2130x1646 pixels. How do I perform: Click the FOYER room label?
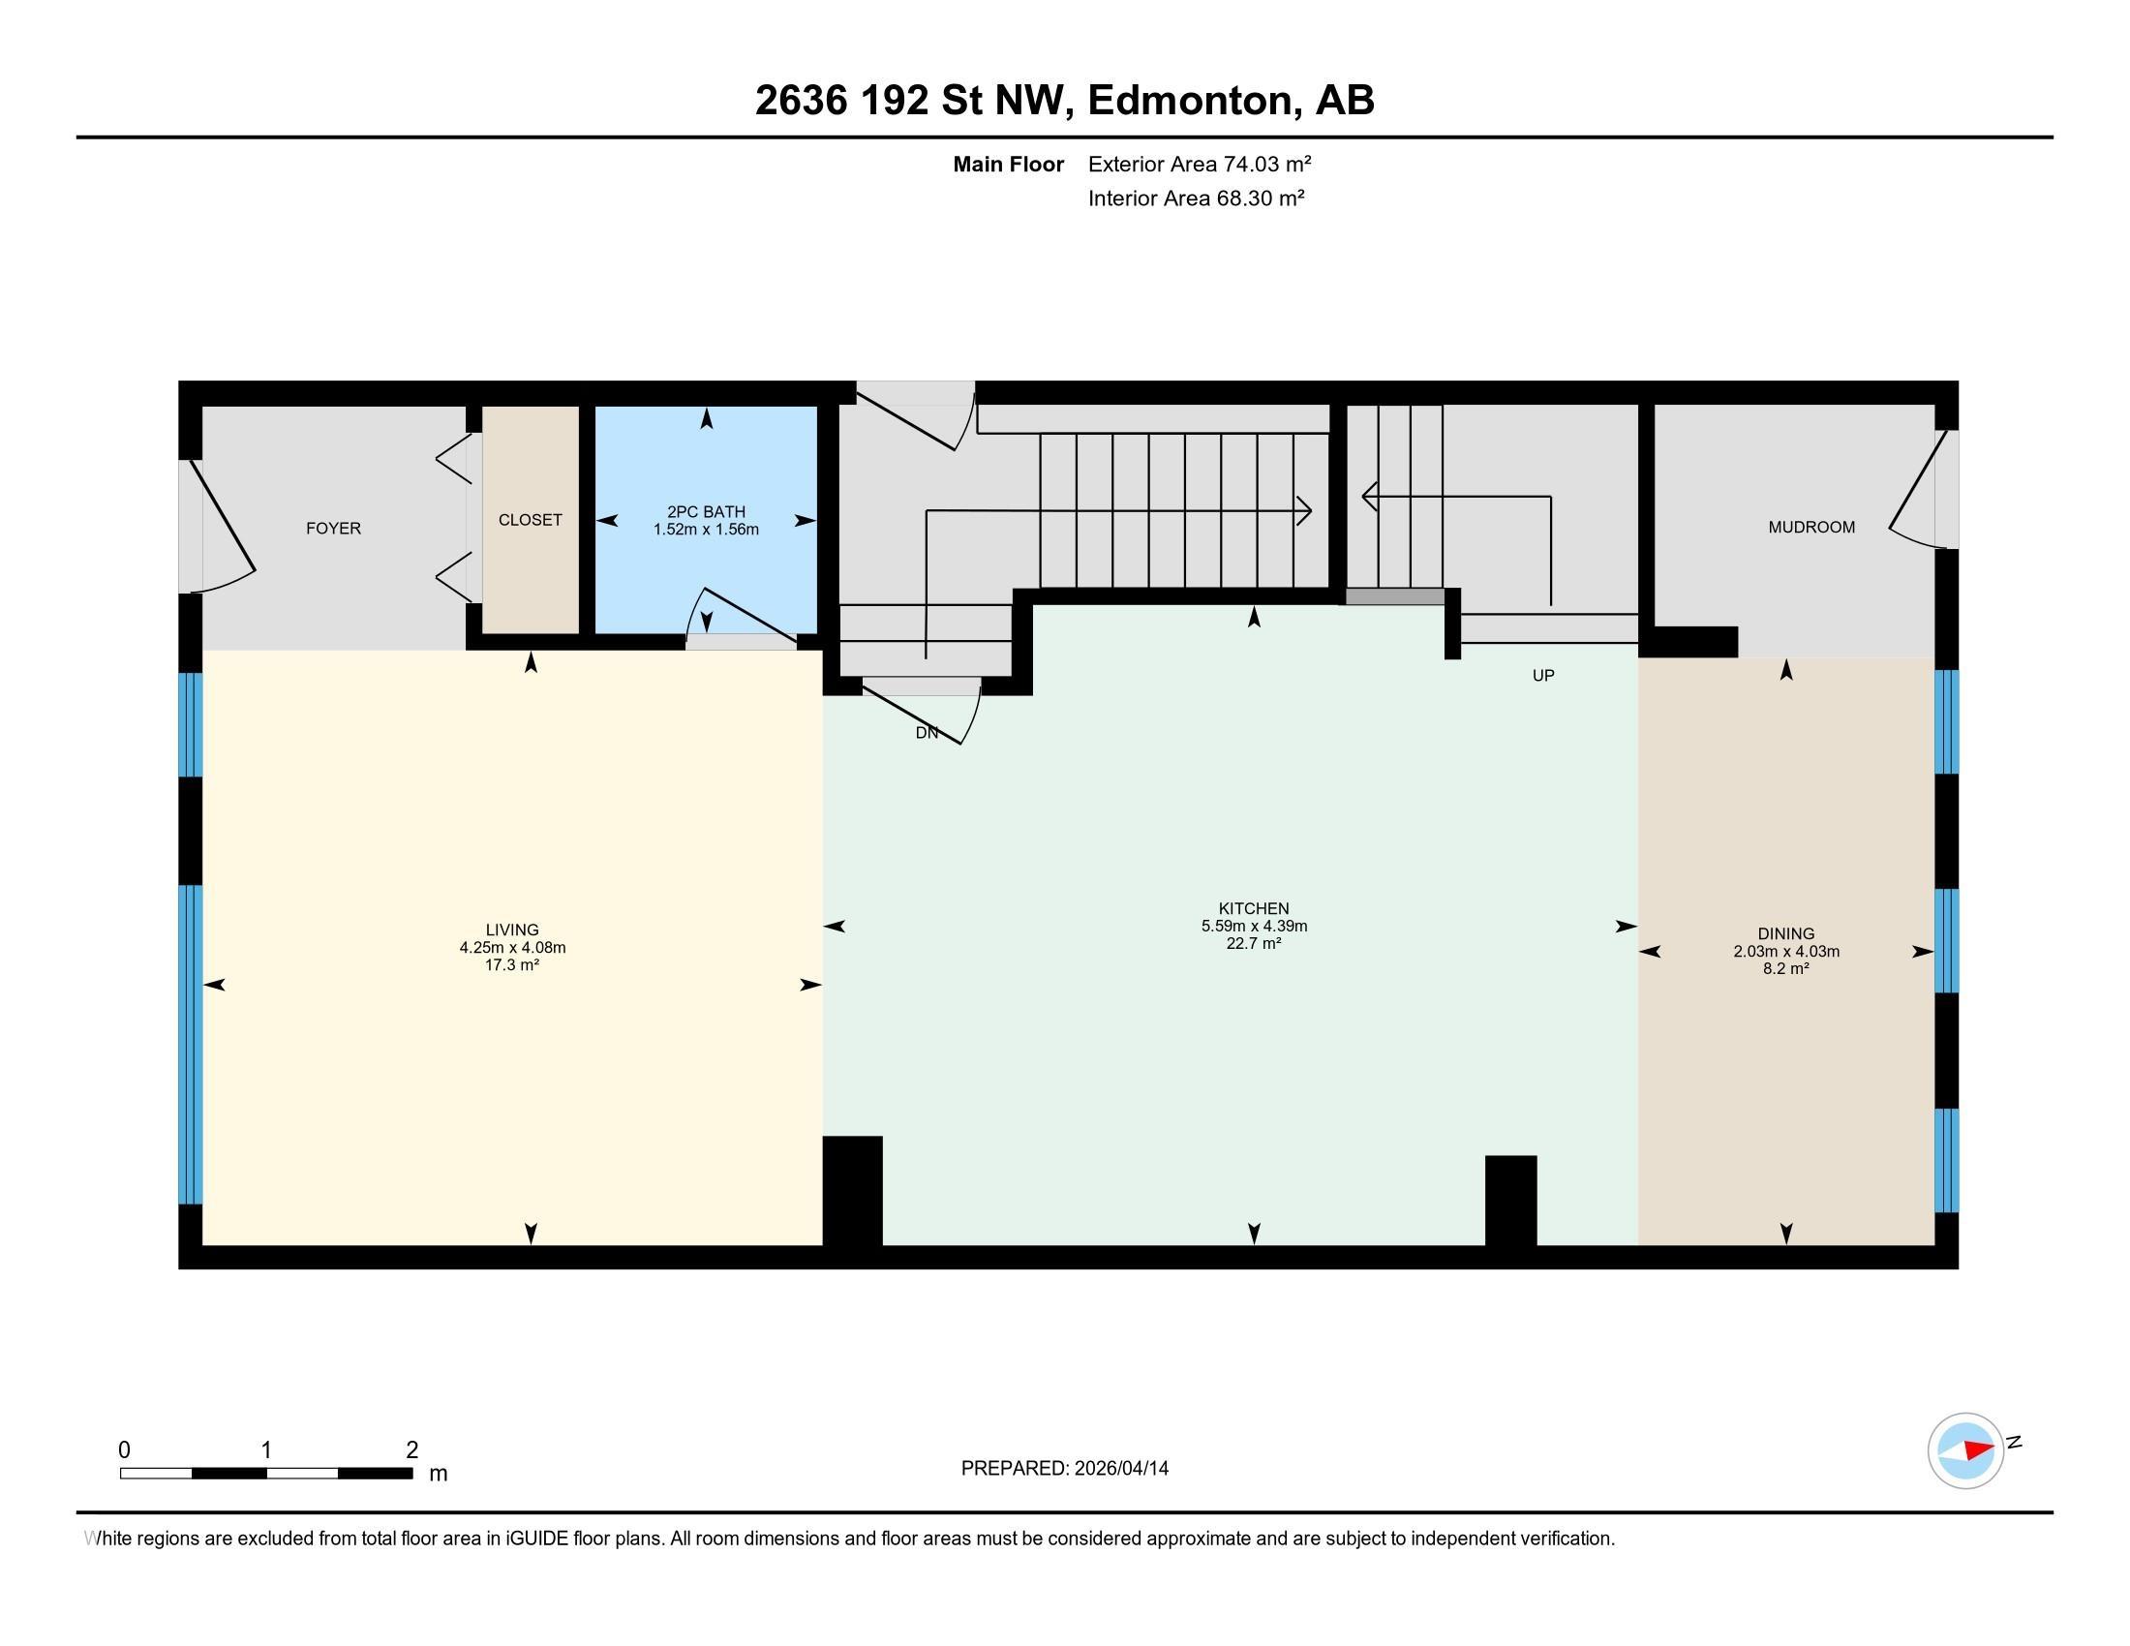(x=334, y=529)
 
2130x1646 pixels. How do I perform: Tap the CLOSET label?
(x=531, y=521)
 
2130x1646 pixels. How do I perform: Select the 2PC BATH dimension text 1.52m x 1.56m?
(x=706, y=530)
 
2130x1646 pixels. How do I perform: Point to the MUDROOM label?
(x=1812, y=528)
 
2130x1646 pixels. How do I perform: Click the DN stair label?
(x=927, y=733)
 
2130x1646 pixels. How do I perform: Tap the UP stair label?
(x=1543, y=676)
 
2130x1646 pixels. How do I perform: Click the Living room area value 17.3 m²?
(x=512, y=965)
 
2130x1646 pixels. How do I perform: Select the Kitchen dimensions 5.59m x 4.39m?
(x=1254, y=927)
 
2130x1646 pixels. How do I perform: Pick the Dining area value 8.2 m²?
(x=1786, y=969)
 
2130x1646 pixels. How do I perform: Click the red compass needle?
(x=1978, y=1449)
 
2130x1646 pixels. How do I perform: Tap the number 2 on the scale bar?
(x=411, y=1450)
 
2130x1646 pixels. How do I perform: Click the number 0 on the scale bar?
(x=124, y=1450)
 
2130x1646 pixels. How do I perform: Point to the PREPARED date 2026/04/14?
(x=1120, y=1469)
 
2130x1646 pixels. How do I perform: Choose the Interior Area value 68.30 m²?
(x=1260, y=198)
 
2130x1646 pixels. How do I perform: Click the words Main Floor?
(x=1009, y=164)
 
